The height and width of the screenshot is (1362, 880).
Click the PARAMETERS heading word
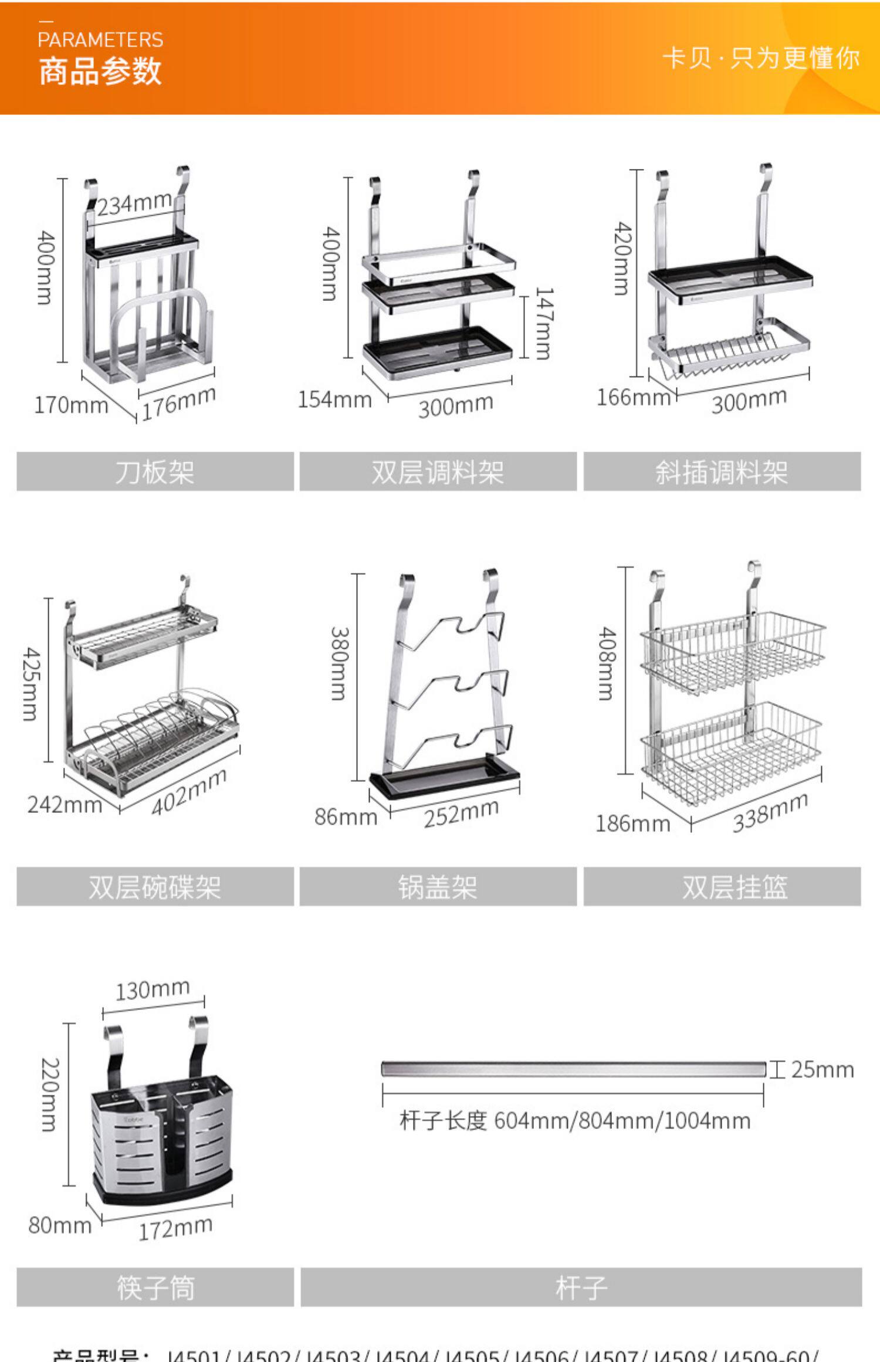coord(100,40)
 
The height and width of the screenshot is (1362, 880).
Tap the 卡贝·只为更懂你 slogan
coord(761,59)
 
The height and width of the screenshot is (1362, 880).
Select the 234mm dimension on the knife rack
coord(134,204)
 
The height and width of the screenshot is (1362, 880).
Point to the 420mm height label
coord(622,258)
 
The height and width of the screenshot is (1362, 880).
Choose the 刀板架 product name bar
coord(155,472)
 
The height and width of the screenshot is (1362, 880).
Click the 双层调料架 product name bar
coord(438,472)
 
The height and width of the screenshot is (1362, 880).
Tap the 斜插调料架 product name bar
coord(722,472)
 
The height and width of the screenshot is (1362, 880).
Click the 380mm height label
coord(340,663)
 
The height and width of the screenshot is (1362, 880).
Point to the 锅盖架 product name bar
coord(438,887)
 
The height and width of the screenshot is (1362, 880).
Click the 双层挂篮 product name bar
coord(722,887)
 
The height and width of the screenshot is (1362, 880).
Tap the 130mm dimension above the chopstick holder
coord(153,990)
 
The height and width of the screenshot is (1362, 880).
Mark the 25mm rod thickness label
coord(823,1070)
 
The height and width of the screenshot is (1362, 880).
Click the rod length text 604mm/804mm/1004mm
coord(575,1121)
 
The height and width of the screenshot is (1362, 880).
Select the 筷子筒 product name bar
coord(155,1288)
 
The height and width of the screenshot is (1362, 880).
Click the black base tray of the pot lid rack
coord(445,781)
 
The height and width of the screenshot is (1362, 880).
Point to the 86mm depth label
coord(346,816)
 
